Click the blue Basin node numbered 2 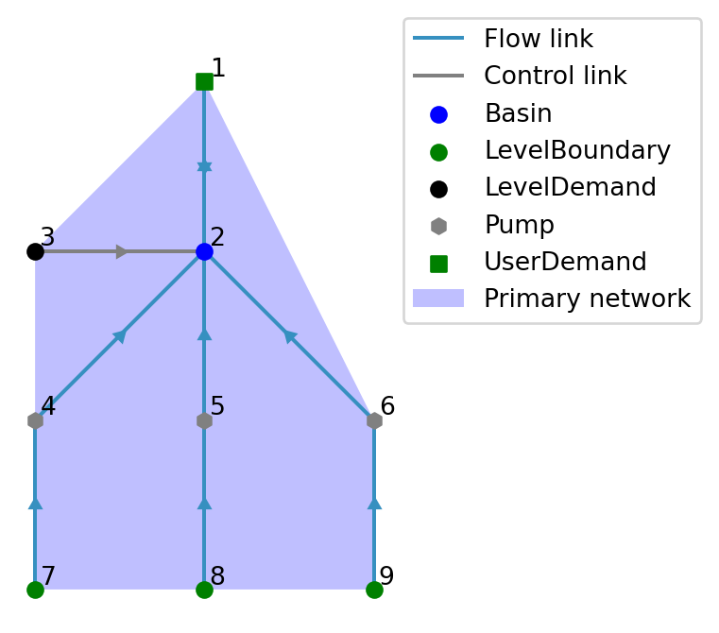[x=204, y=251]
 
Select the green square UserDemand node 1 [x=204, y=81]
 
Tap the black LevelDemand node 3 [x=35, y=251]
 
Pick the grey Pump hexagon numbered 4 [x=35, y=420]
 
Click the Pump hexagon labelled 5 [x=204, y=420]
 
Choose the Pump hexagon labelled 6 [x=374, y=420]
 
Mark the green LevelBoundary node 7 [x=35, y=590]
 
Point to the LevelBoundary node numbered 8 [x=204, y=590]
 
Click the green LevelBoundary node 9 [x=374, y=590]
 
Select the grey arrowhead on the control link [x=122, y=251]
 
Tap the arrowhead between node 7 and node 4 [x=35, y=504]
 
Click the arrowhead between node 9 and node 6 [x=374, y=504]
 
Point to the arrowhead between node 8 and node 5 [x=204, y=504]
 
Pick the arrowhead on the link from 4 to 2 [x=120, y=335]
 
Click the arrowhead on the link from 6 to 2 [x=290, y=335]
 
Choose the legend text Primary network [x=587, y=299]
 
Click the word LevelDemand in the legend [x=570, y=188]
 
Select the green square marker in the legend [x=438, y=263]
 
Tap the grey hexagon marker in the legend [x=438, y=226]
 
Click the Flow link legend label [x=539, y=40]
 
